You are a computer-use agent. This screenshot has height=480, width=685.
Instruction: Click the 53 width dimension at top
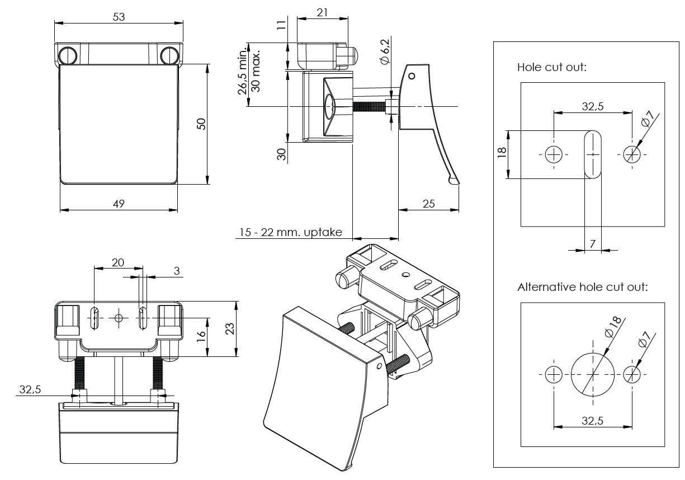click(119, 17)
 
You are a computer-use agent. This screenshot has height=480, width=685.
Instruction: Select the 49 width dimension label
click(119, 204)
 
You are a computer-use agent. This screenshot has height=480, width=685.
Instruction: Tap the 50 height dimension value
click(202, 124)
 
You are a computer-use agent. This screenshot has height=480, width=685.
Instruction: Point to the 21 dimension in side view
click(322, 13)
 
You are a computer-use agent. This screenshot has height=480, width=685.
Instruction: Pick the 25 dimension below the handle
click(429, 204)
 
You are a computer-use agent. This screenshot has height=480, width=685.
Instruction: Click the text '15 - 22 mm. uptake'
click(291, 232)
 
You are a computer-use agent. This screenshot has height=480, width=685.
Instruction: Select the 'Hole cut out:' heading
click(551, 67)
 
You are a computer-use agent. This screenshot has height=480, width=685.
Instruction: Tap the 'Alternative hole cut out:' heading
click(582, 288)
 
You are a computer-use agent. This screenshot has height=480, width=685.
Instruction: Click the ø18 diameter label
click(613, 327)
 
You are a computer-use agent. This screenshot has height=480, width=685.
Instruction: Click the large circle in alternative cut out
click(593, 374)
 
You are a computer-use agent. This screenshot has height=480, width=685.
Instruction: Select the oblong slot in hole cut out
click(593, 154)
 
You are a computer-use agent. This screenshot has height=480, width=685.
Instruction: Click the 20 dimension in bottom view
click(118, 262)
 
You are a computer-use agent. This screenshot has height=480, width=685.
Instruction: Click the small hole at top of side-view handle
click(412, 76)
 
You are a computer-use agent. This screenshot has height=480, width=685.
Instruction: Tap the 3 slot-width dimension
click(177, 271)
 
